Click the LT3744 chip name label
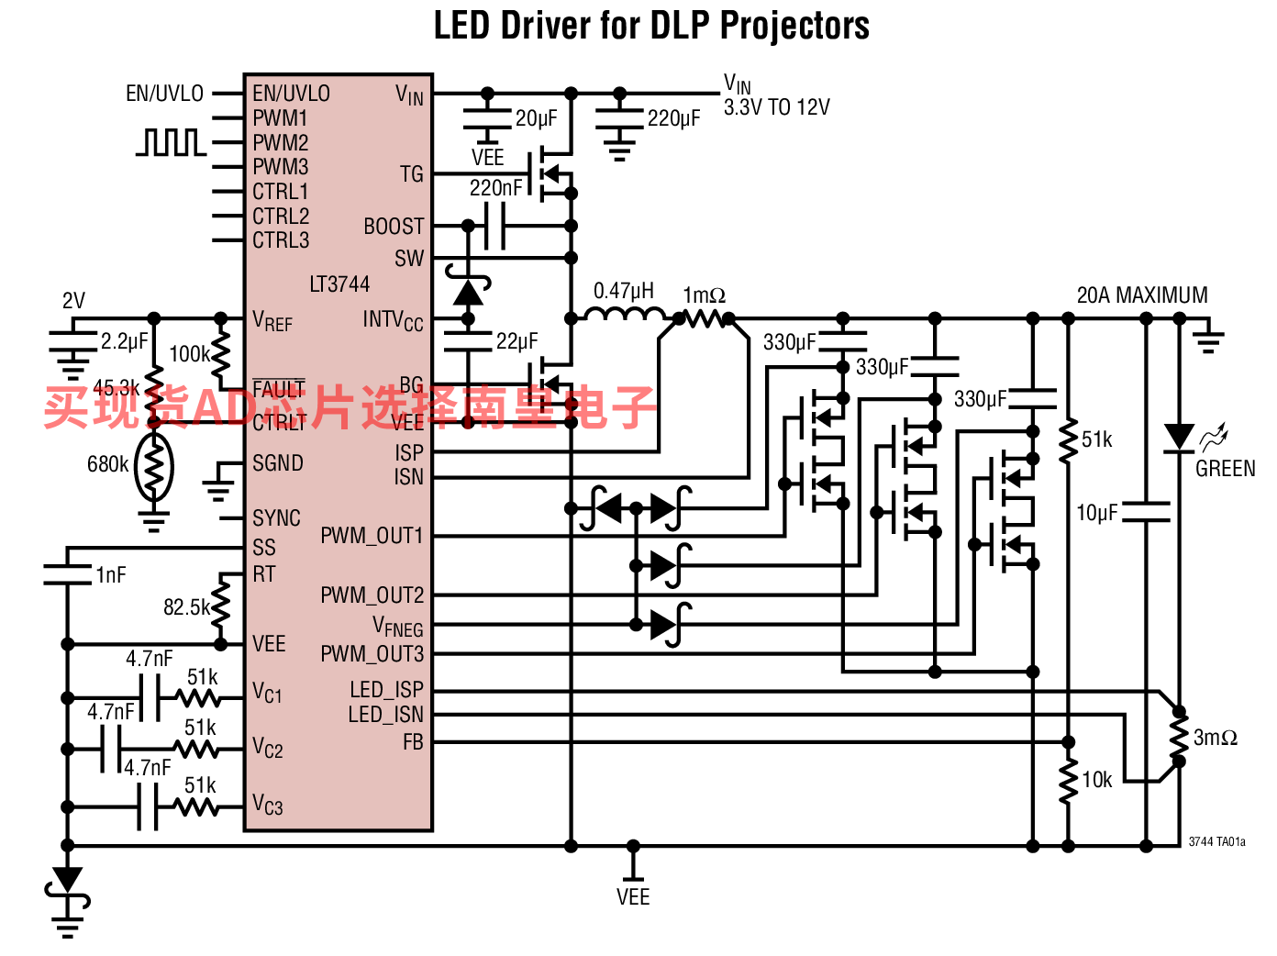[339, 284]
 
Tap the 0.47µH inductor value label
[624, 291]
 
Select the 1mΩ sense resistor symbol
[705, 319]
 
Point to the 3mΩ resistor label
[1216, 738]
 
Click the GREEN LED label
[1225, 469]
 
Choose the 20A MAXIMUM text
[1142, 295]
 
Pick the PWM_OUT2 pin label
[372, 595]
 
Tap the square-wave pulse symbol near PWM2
[171, 142]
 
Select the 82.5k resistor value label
[186, 607]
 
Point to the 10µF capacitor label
[1096, 513]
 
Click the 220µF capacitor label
[673, 118]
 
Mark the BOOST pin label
[394, 227]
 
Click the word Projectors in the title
[794, 25]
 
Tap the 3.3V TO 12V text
[776, 107]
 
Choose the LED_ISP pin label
[386, 690]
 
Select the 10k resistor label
[1097, 780]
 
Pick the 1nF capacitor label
[111, 575]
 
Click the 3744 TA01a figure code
[1216, 841]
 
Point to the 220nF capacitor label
[495, 188]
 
